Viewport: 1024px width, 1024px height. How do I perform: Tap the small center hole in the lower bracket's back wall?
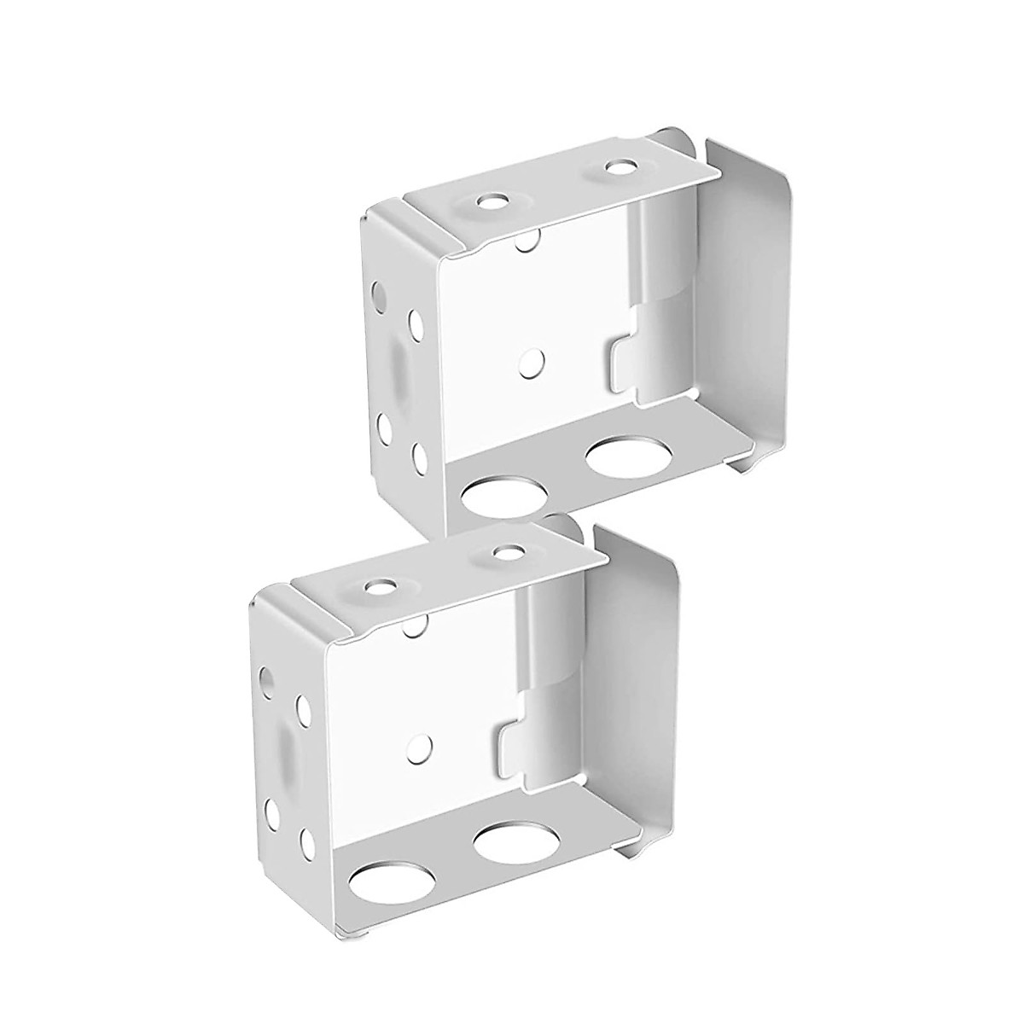(419, 748)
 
